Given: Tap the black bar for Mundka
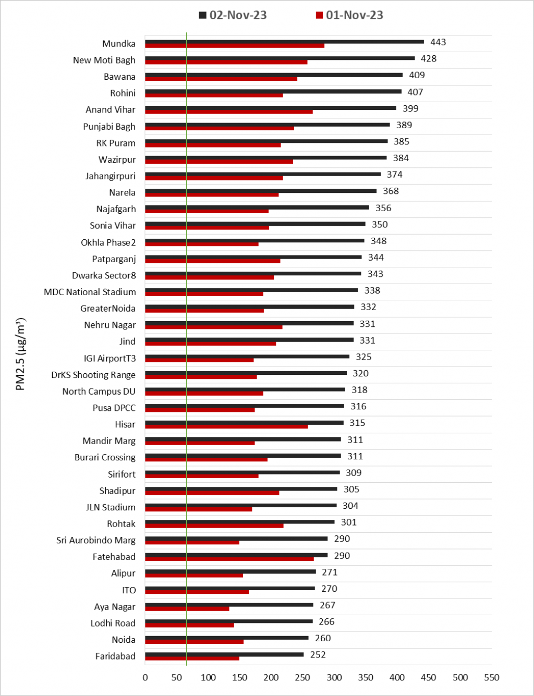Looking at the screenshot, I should click(x=284, y=42).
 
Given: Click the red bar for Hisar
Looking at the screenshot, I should click(x=226, y=426).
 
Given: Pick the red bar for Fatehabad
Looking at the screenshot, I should click(x=229, y=559).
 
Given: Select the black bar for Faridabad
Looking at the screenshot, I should click(x=224, y=654).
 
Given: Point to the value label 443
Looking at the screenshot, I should click(x=438, y=42).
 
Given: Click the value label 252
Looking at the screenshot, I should click(x=318, y=655).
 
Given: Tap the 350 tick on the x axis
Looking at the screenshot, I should click(x=366, y=677).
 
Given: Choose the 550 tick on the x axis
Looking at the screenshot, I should click(x=491, y=677).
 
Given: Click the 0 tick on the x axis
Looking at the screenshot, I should click(x=145, y=677).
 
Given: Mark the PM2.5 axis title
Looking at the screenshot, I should click(x=21, y=354).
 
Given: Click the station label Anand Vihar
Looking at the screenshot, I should click(x=110, y=109).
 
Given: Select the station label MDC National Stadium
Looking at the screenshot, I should click(x=90, y=292).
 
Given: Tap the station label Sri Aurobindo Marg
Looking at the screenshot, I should click(x=95, y=540).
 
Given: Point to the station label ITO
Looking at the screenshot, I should click(x=129, y=590).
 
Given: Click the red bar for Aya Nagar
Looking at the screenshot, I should click(x=187, y=608).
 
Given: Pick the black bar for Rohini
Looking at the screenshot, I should click(x=273, y=91).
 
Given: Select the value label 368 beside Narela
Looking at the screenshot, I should click(x=391, y=191).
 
